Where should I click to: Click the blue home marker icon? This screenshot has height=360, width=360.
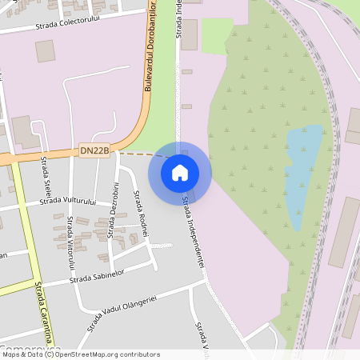[180, 172]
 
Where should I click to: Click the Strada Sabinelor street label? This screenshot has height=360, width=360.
[98, 277]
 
